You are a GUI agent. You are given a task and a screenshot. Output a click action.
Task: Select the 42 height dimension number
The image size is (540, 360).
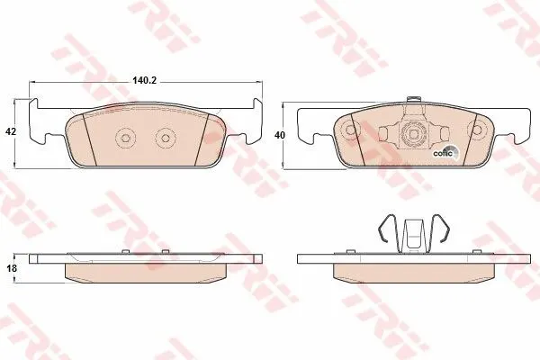click(x=11, y=131)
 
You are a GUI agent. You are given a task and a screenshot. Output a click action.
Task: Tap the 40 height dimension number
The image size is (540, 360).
click(x=280, y=135)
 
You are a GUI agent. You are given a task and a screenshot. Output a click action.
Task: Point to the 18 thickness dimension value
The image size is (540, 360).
click(x=12, y=268)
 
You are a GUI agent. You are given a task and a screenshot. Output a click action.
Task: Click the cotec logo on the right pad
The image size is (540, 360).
click(x=445, y=153)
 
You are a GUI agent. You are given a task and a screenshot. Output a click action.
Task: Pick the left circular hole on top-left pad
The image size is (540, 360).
click(x=125, y=138)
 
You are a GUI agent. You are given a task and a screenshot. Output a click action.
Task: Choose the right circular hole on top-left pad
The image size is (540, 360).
click(x=166, y=138)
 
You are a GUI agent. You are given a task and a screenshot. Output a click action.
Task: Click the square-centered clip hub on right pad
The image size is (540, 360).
click(x=413, y=132)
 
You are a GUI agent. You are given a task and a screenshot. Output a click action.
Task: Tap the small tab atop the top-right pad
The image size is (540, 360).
click(x=413, y=99)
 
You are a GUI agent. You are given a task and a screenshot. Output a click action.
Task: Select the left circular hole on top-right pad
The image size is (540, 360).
click(x=350, y=130)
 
